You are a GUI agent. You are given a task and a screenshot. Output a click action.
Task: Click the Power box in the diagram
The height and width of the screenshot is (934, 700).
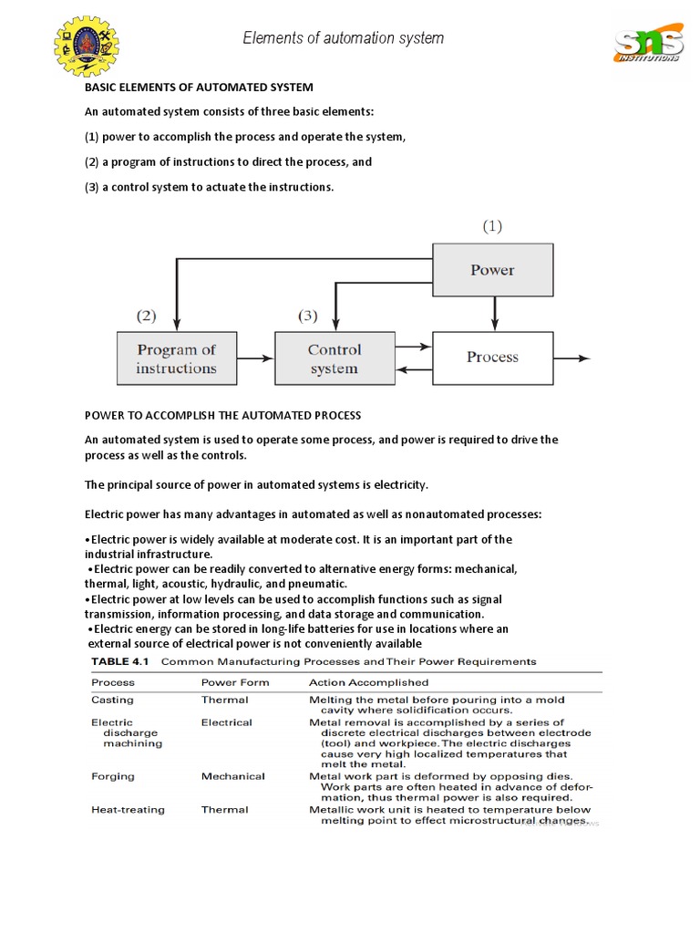(492, 270)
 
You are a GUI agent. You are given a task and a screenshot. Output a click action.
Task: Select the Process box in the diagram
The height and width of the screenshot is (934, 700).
(492, 358)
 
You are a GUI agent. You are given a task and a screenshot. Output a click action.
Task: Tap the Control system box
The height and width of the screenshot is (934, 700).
(335, 358)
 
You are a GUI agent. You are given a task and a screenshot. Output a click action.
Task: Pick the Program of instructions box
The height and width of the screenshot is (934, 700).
(177, 358)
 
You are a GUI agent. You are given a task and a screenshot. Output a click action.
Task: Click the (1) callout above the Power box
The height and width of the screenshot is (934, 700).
(492, 226)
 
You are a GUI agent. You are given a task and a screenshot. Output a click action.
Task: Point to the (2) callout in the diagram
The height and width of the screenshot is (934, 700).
(147, 317)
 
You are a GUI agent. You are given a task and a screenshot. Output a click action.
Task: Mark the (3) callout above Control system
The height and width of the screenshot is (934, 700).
(308, 317)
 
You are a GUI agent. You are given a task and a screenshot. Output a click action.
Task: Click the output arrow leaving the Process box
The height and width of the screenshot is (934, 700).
(572, 358)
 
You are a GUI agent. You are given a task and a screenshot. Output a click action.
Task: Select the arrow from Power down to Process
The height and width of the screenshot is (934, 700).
(494, 314)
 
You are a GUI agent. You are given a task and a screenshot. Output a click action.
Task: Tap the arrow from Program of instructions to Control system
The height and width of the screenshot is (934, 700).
(256, 358)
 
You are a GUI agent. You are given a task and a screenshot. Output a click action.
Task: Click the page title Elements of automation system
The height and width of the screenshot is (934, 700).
(343, 38)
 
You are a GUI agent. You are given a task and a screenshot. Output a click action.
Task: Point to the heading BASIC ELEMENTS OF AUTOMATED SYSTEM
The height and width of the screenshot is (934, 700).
(199, 88)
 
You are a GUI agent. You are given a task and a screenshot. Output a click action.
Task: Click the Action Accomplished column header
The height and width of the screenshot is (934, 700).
(368, 682)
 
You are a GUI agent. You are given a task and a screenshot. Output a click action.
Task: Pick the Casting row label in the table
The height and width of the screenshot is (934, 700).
(112, 700)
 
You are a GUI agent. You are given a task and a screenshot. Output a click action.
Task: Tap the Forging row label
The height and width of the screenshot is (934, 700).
(112, 776)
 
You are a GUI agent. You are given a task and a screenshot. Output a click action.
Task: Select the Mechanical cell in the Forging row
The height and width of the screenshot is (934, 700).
(232, 776)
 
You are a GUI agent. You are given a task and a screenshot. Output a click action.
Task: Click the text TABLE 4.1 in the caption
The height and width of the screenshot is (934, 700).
(121, 661)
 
